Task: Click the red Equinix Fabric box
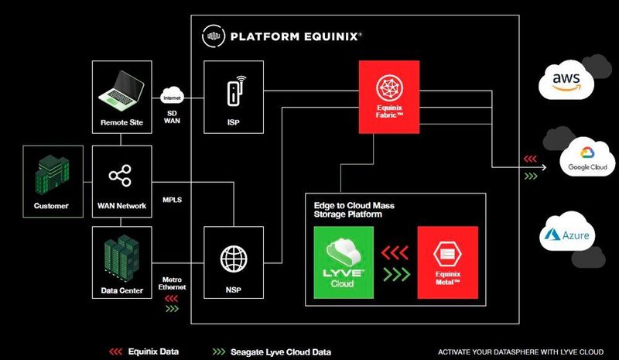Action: coord(388,96)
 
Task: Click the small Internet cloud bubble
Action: coord(172,97)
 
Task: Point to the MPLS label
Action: coord(172,199)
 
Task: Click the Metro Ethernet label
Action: coord(172,284)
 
